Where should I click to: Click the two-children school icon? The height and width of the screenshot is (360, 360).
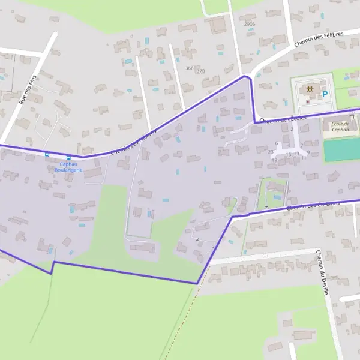[310, 89]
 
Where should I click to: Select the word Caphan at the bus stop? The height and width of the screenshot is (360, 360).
[68, 164]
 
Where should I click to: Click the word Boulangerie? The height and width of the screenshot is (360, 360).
[68, 170]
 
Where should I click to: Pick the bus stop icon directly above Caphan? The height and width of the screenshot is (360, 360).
[68, 158]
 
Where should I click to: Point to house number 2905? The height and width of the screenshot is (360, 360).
[250, 24]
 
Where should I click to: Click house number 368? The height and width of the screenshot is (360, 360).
[190, 68]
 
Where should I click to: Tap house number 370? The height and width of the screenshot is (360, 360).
[200, 71]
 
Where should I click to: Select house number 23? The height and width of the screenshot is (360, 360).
[271, 152]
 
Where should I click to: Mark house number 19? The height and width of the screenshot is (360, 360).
[274, 160]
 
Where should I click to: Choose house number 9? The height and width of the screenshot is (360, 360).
[308, 153]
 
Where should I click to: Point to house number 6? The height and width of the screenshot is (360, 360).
[276, 143]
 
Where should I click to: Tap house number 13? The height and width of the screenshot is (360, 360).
[296, 154]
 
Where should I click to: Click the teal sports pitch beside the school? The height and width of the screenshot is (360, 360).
[341, 150]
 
